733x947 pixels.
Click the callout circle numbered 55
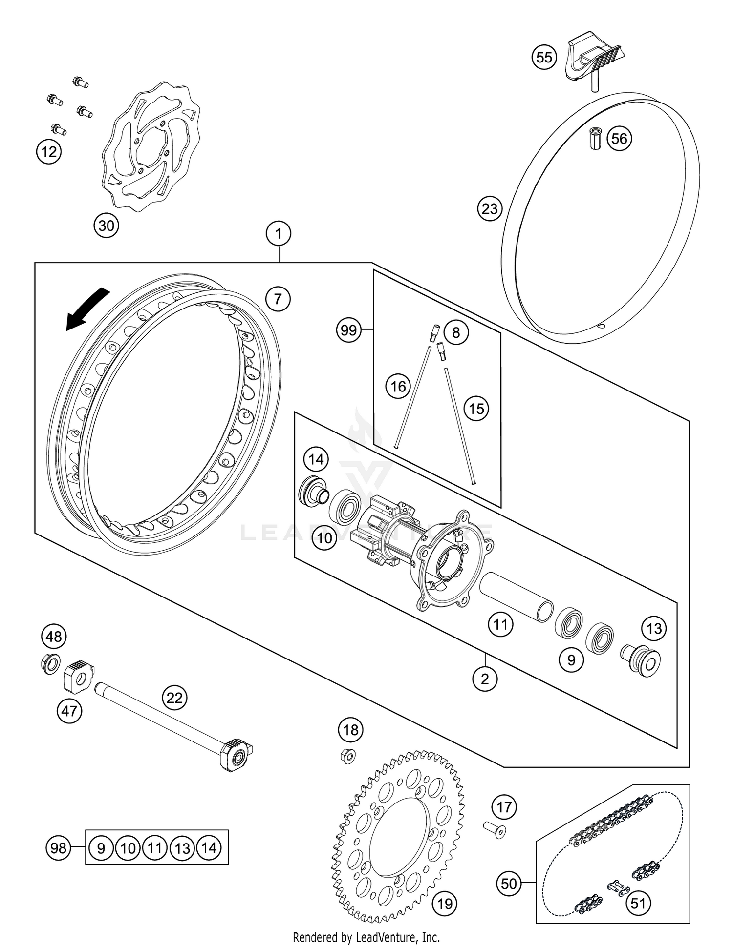(x=544, y=57)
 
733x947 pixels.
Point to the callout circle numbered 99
(x=348, y=330)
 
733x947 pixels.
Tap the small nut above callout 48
(x=50, y=664)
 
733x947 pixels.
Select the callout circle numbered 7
(x=278, y=298)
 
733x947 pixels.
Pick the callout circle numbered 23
(x=490, y=209)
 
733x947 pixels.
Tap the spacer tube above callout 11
(x=516, y=597)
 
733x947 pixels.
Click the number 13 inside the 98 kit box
(x=182, y=848)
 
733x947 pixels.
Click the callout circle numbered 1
(x=279, y=234)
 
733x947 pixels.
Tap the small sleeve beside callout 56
(x=596, y=139)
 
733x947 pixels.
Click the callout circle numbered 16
(x=398, y=387)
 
